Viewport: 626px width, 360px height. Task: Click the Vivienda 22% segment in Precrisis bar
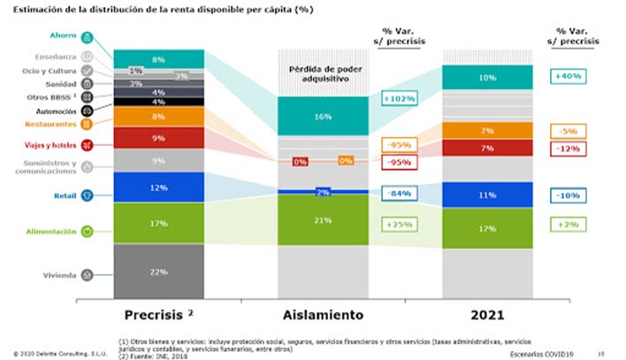point(159,272)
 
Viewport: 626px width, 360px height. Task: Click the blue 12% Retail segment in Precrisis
point(159,188)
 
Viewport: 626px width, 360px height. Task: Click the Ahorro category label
point(64,36)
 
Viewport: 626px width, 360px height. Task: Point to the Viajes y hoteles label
point(51,145)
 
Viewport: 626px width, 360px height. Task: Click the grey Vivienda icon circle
point(88,275)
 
